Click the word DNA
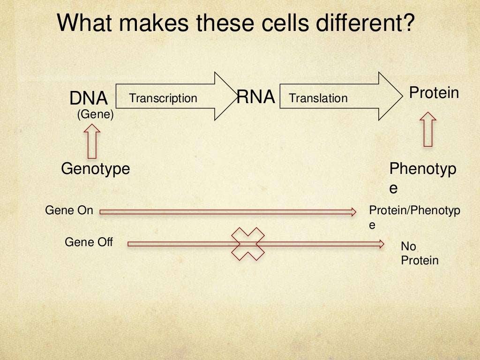pos(89,98)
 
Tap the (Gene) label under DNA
pos(96,114)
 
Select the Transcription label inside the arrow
pos(163,98)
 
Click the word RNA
pos(255,97)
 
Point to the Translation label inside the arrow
pos(318,98)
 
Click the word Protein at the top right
pos(434,93)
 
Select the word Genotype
pos(95,168)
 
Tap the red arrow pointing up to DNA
pos(93,141)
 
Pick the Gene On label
pos(69,210)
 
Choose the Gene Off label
pos(89,242)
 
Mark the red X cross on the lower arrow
pos(248,244)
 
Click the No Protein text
pos(420,254)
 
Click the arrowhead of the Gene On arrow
pos(353,212)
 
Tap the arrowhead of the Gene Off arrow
pos(381,243)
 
